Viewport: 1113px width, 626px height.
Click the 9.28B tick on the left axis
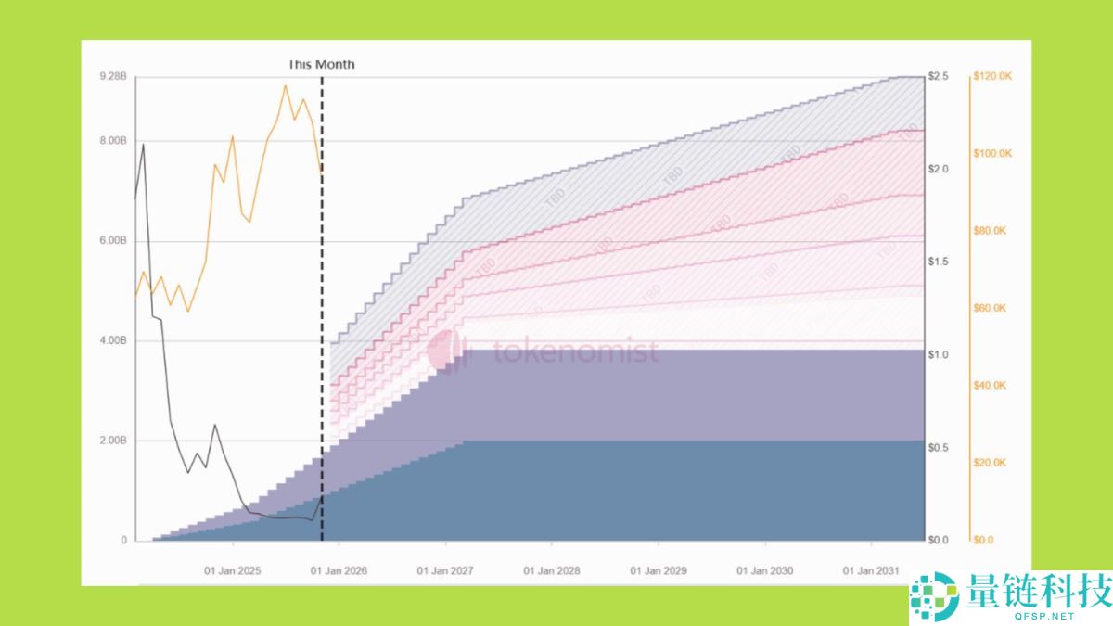(x=113, y=76)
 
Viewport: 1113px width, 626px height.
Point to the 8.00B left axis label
(x=113, y=141)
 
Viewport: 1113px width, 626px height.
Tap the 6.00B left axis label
(x=113, y=241)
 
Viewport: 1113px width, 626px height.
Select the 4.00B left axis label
(x=113, y=341)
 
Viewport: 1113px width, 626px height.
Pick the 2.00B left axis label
(x=113, y=441)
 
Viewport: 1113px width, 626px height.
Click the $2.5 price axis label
(x=939, y=76)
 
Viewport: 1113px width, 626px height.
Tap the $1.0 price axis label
(x=939, y=355)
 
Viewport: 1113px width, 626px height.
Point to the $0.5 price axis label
(x=939, y=448)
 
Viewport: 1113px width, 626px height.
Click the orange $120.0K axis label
(x=992, y=76)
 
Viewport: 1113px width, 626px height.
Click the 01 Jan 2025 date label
(x=233, y=570)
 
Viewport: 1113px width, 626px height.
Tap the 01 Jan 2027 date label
(x=446, y=570)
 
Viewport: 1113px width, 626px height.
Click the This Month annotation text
(x=321, y=65)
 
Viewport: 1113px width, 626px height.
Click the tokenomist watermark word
(x=575, y=352)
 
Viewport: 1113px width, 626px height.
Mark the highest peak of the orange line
(x=285, y=85)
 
